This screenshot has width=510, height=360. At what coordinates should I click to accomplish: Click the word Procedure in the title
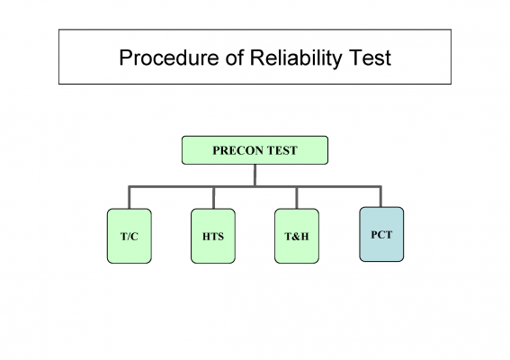point(169,58)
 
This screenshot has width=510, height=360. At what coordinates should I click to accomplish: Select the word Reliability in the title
point(296,58)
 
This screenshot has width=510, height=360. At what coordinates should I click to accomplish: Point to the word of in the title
point(234,58)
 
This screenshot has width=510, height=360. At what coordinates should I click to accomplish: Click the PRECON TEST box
point(255,150)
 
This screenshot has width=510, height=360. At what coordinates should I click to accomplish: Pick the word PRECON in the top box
point(237,150)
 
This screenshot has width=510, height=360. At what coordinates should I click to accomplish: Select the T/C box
point(130,236)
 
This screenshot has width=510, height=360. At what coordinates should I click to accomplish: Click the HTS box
point(213,236)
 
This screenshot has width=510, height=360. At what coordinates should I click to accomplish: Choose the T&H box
point(297,236)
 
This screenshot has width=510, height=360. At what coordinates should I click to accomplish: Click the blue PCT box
point(381,234)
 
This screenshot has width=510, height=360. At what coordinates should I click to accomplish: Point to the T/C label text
point(130,237)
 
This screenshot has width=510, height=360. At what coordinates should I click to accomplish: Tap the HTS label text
point(213,237)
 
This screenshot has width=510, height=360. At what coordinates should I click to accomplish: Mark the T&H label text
point(297,237)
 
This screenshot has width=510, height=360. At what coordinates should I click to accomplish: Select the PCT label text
point(381,235)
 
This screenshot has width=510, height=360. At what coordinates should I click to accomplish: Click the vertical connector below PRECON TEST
point(255,175)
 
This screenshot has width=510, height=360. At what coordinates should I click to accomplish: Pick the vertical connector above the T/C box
point(130,198)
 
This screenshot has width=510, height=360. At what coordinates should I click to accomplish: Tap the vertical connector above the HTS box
point(213,198)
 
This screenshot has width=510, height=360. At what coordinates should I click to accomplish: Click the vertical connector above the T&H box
point(297,198)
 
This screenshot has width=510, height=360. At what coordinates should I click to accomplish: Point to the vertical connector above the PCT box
point(380,196)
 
